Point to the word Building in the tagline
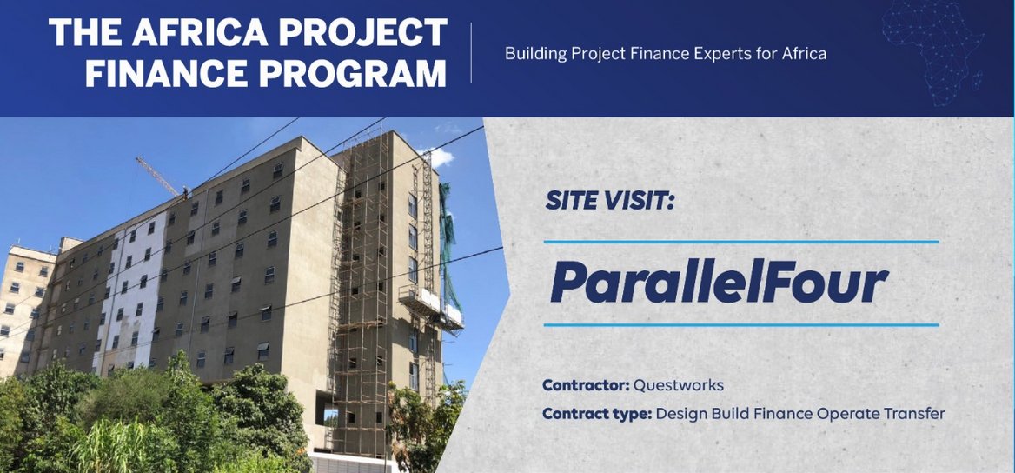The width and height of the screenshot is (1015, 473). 534,54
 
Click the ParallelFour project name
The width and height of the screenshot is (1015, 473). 719,283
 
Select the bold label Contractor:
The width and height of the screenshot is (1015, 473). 585,384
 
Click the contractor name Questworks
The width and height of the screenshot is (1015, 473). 679,384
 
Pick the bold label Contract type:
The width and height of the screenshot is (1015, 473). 596,413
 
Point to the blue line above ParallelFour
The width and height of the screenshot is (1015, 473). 741,242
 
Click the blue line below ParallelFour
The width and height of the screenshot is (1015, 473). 741,325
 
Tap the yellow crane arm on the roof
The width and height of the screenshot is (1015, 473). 158,176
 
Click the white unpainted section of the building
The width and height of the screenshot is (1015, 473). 129,287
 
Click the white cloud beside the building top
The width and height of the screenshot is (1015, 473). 439,157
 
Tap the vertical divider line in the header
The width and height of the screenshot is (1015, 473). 472,54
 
